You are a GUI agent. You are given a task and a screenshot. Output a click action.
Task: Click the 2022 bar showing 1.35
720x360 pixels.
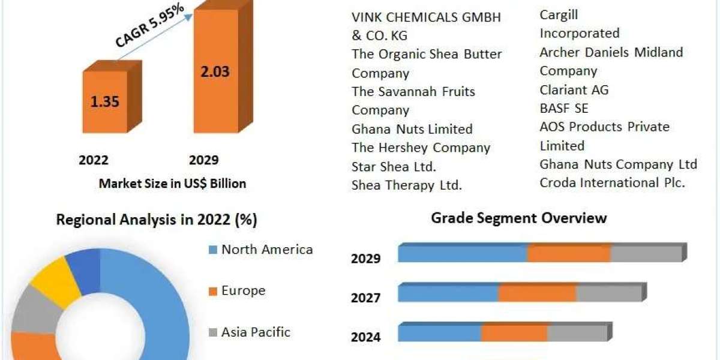tap(105, 101)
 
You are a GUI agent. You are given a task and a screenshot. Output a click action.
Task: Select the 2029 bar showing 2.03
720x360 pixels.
tap(214, 72)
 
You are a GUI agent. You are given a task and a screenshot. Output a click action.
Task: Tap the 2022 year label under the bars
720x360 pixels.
tap(94, 160)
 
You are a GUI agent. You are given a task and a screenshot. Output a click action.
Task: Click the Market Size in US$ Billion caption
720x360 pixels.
tap(172, 184)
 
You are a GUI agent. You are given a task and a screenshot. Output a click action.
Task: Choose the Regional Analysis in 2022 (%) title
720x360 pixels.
tap(157, 220)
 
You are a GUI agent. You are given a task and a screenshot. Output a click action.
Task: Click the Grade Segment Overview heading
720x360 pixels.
tap(518, 218)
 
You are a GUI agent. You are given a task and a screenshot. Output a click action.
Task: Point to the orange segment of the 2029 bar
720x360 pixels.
tap(569, 254)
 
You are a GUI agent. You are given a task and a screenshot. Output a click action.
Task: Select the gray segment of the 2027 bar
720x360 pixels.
tap(608, 293)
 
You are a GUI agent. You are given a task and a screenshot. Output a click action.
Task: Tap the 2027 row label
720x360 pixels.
tap(365, 297)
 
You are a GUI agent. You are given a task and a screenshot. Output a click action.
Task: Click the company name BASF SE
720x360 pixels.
tap(563, 109)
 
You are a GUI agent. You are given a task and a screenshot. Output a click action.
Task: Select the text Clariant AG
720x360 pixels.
tap(574, 90)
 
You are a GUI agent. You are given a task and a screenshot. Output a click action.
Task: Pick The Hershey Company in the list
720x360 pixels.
tap(421, 148)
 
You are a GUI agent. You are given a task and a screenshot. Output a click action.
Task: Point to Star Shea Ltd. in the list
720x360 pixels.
tap(394, 166)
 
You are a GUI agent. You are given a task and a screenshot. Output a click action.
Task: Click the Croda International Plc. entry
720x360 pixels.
tap(612, 183)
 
